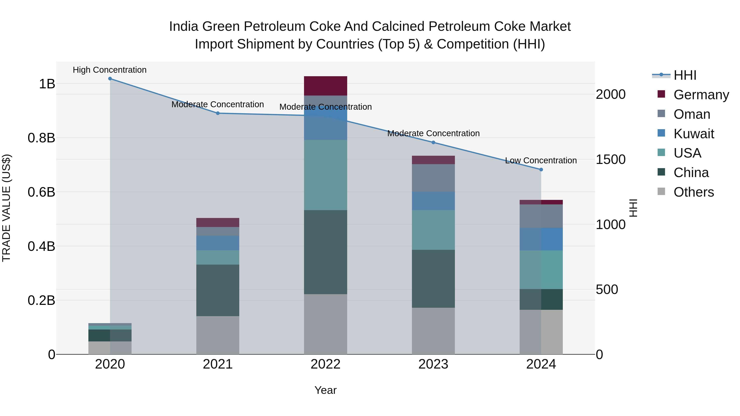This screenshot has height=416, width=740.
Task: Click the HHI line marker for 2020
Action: pyautogui.click(x=110, y=79)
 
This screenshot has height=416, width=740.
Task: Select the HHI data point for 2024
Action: pyautogui.click(x=541, y=170)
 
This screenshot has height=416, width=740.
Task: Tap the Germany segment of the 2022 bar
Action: pyautogui.click(x=325, y=86)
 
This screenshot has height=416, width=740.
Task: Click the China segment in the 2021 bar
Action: pyautogui.click(x=218, y=290)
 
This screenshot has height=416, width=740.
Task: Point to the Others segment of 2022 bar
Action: pyautogui.click(x=325, y=324)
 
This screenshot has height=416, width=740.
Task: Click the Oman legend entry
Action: pyautogui.click(x=692, y=114)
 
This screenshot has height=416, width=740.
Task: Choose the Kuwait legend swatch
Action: pyautogui.click(x=661, y=133)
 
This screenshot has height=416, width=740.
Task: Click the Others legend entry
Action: pyautogui.click(x=694, y=192)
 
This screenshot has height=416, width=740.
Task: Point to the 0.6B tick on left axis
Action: pyautogui.click(x=41, y=192)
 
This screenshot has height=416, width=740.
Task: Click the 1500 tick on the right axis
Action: pyautogui.click(x=610, y=160)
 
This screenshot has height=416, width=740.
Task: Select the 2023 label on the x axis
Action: pyautogui.click(x=433, y=364)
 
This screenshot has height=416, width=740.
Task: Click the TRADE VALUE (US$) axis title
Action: pyautogui.click(x=6, y=208)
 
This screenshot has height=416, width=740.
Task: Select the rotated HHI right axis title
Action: pyautogui.click(x=633, y=208)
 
